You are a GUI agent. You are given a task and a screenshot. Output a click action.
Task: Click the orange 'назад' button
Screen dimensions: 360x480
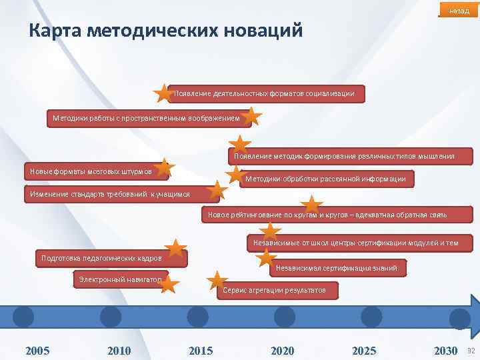459,11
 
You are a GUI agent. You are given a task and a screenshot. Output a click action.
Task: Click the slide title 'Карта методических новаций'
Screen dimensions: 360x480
166,31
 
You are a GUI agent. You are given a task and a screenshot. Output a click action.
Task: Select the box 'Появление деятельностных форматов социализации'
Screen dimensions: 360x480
267,93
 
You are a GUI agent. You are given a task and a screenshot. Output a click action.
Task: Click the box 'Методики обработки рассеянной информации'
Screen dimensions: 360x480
326,179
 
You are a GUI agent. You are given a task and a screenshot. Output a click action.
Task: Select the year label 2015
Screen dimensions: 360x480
201,351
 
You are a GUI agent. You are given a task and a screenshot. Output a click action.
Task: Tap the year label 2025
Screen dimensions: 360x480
364,351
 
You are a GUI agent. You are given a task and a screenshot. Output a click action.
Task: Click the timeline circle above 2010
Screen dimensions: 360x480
111,316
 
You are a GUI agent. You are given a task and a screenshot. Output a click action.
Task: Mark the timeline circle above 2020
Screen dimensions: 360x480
284,316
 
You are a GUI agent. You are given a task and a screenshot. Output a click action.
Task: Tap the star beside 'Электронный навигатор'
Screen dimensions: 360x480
169,284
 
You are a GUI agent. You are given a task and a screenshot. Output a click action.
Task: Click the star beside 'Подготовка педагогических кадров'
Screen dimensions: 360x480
175,249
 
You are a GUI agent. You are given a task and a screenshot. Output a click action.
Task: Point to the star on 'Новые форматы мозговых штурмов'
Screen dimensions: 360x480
164,168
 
